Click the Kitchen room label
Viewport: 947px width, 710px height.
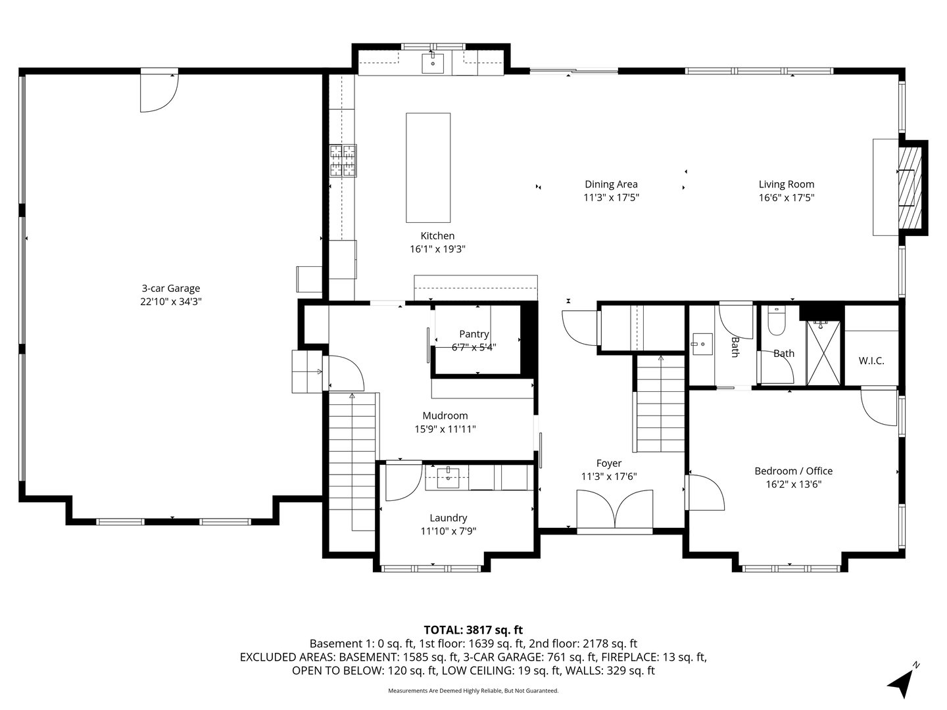(x=437, y=236)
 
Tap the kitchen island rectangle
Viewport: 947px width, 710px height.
(x=428, y=168)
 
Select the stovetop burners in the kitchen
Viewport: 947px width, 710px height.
(x=343, y=161)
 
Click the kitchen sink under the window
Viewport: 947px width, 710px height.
(x=432, y=64)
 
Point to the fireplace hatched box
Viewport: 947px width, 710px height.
(x=910, y=187)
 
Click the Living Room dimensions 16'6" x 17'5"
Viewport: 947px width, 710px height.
(x=787, y=198)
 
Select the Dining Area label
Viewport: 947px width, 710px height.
(x=611, y=184)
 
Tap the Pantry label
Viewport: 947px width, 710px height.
(x=473, y=334)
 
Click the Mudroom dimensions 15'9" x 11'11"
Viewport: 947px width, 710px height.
(x=445, y=429)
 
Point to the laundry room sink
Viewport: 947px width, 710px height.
(x=449, y=477)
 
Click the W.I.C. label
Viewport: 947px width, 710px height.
(x=871, y=361)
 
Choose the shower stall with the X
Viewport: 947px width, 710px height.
(x=823, y=353)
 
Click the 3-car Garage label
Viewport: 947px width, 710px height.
(x=171, y=289)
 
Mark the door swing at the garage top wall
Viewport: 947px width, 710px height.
(x=158, y=93)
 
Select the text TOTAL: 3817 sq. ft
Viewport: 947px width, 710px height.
(x=473, y=630)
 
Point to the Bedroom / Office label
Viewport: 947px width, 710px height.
(x=793, y=471)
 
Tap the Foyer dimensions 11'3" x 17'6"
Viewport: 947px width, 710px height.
(x=609, y=477)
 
